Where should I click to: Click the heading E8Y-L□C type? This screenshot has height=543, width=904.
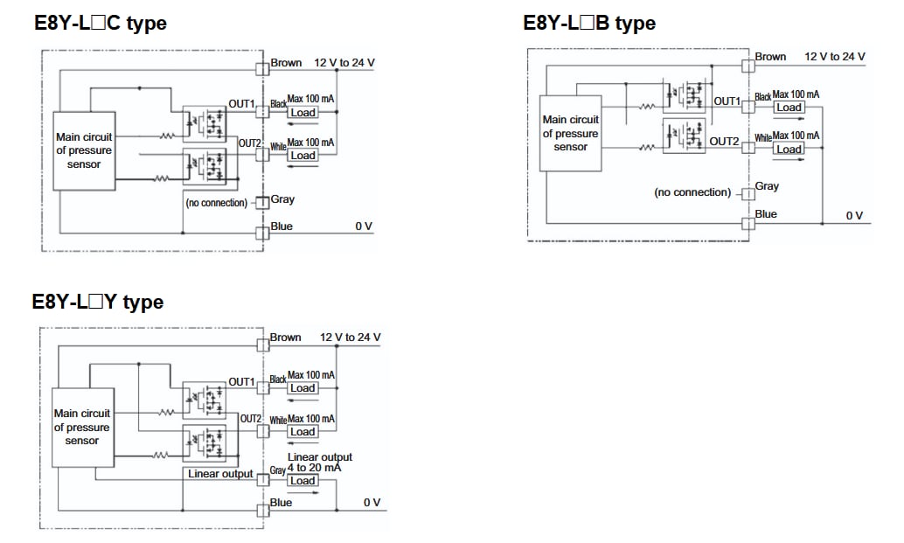pyautogui.click(x=100, y=24)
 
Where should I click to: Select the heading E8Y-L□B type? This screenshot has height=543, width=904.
pyautogui.click(x=588, y=23)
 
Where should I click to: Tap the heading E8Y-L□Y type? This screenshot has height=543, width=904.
pyautogui.click(x=97, y=302)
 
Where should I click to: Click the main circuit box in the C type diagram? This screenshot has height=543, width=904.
pyautogui.click(x=84, y=151)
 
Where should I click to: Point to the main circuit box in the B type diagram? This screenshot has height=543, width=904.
pyautogui.click(x=571, y=133)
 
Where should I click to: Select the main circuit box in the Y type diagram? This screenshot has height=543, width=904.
pyautogui.click(x=82, y=427)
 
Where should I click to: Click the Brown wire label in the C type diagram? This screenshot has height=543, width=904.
pyautogui.click(x=286, y=63)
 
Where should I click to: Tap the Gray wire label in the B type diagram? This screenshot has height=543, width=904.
pyautogui.click(x=767, y=186)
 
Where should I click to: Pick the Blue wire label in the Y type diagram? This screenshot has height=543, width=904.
pyautogui.click(x=281, y=503)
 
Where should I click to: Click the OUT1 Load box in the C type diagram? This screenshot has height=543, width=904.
pyautogui.click(x=303, y=113)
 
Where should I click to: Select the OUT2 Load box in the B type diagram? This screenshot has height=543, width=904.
pyautogui.click(x=789, y=149)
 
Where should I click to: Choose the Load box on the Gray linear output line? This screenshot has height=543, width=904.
pyautogui.click(x=302, y=481)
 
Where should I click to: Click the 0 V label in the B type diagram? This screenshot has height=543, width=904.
pyautogui.click(x=854, y=216)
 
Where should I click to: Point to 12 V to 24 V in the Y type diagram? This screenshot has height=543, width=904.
pyautogui.click(x=350, y=338)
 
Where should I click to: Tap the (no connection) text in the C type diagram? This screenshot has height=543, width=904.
pyautogui.click(x=216, y=203)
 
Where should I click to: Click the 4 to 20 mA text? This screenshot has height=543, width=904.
pyautogui.click(x=314, y=468)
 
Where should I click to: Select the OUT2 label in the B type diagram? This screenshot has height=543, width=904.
pyautogui.click(x=724, y=141)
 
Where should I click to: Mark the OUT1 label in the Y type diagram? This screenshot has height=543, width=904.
pyautogui.click(x=241, y=382)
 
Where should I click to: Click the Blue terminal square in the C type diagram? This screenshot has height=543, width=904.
pyautogui.click(x=261, y=232)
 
